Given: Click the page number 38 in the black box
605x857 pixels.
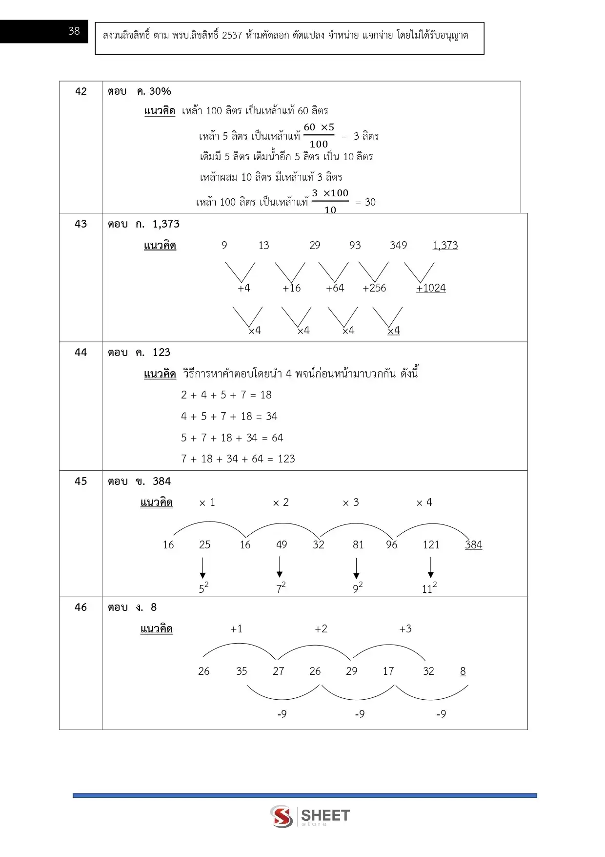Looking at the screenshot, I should click(x=74, y=31).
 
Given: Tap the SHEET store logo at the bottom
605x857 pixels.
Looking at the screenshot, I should click(x=310, y=816).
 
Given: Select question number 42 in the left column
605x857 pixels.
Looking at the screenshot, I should click(x=81, y=91).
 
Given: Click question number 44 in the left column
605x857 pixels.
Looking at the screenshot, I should click(x=81, y=353).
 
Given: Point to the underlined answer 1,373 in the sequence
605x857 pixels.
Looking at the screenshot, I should click(x=445, y=246).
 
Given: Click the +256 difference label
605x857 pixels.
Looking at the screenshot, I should click(x=374, y=288).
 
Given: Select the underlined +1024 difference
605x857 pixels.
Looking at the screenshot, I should click(x=431, y=288).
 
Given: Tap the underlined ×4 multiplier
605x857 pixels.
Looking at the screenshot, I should click(x=394, y=331).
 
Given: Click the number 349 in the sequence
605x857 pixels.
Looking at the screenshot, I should click(x=398, y=246).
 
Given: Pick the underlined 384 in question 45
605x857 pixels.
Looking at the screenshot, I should click(x=473, y=545).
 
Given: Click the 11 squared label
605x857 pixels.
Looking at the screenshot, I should click(x=429, y=588).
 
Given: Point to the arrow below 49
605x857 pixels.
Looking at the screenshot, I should click(x=280, y=568).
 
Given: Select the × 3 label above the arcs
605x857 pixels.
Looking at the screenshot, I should click(x=350, y=502).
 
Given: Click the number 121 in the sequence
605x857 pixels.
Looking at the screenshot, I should click(x=431, y=545).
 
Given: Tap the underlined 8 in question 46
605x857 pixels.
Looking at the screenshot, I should click(x=463, y=671).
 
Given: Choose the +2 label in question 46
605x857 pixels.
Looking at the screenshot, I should click(x=321, y=629).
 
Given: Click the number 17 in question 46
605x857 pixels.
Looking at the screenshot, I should click(x=388, y=671).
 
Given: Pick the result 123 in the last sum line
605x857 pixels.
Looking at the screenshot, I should click(x=286, y=459).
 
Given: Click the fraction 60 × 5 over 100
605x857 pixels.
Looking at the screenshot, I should click(x=319, y=135).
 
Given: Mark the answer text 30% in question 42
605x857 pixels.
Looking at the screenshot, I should click(x=160, y=91).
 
